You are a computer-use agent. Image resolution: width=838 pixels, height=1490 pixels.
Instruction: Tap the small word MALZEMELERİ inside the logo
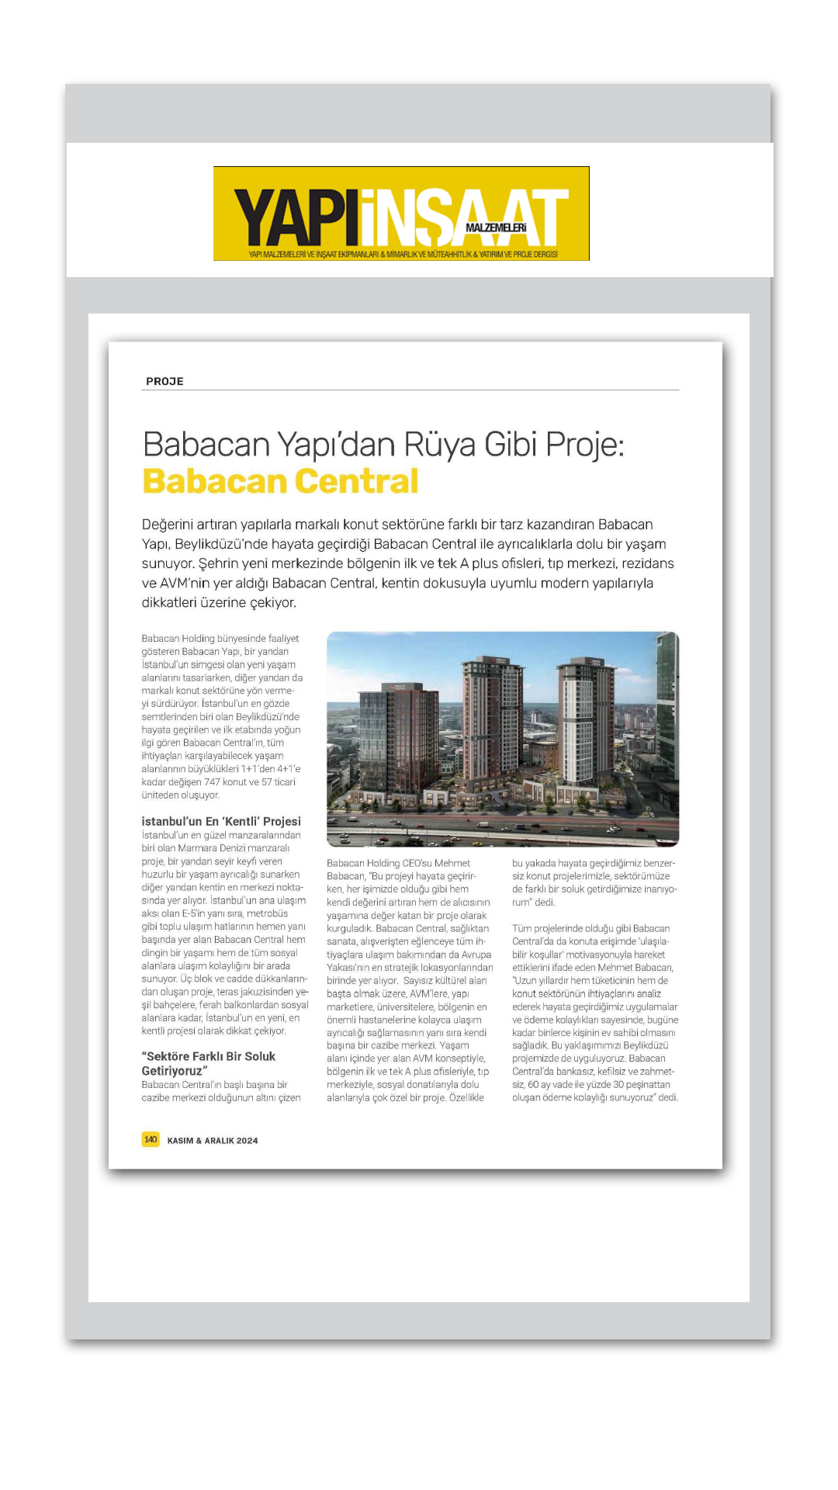click(496, 228)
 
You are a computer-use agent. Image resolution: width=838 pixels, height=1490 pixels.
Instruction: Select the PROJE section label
click(164, 381)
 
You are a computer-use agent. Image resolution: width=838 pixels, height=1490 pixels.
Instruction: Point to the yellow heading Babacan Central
click(280, 481)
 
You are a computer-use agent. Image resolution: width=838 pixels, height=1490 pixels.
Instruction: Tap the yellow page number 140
click(151, 1139)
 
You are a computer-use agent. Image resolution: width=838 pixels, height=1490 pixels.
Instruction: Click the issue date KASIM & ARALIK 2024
click(213, 1140)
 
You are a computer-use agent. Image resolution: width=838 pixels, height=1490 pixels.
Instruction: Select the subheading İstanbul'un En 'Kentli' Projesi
click(221, 821)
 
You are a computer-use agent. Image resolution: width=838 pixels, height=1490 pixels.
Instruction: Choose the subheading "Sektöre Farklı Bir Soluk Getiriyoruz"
click(208, 1063)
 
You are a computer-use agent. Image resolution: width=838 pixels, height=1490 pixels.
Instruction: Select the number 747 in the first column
click(212, 782)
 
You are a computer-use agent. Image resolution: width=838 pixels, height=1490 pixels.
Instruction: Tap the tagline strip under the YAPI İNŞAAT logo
click(402, 255)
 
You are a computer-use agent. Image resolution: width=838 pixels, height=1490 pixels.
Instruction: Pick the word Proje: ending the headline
click(585, 445)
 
